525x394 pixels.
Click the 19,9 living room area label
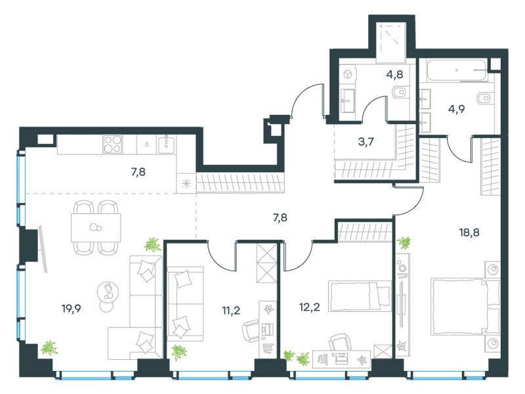coord(72,308)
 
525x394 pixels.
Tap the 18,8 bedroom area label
coord(469,232)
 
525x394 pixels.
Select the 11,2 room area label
coord(231,310)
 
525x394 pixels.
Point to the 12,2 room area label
coord(309,307)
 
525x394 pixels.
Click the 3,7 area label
coord(366,142)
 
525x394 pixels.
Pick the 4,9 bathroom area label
coord(456,109)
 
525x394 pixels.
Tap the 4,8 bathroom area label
coord(394,74)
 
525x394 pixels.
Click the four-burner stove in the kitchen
coord(113,144)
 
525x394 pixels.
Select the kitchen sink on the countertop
coord(166,144)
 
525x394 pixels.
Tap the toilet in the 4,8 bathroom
coord(399,91)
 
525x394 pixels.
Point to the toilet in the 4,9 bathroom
coord(485,98)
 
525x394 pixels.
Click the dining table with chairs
coord(96,227)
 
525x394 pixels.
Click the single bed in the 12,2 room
coord(360,296)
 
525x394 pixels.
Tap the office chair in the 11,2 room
coord(251,330)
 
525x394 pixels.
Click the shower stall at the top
coord(391,43)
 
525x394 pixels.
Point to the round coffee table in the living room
coord(108,292)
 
